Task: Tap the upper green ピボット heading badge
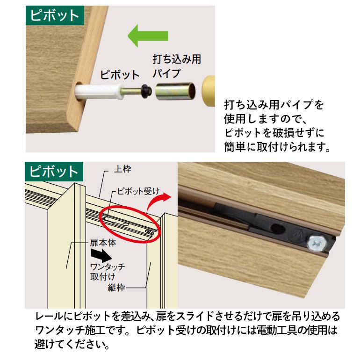point(55,15)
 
